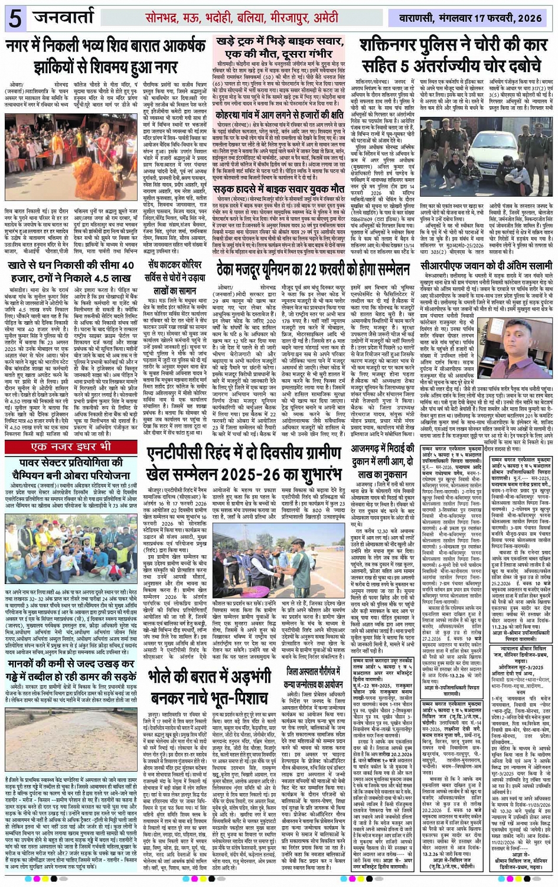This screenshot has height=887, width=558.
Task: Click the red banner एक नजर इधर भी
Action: pos(70,447)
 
